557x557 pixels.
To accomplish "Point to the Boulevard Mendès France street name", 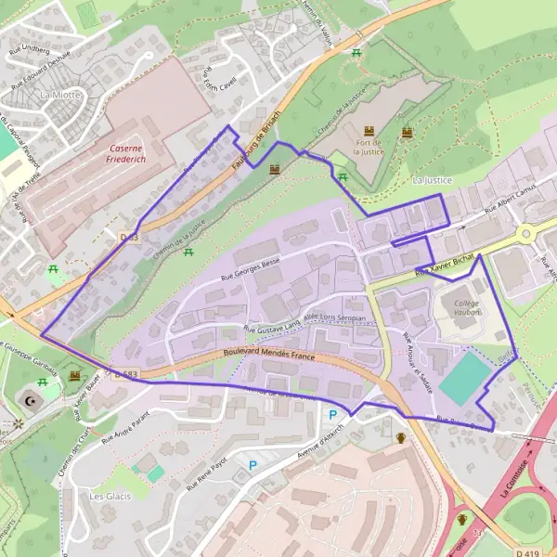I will coord(269,356).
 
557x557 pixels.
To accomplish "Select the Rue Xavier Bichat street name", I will coord(446,265).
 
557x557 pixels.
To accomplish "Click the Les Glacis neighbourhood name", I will coord(110,496).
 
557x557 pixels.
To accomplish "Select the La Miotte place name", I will coord(60,95).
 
